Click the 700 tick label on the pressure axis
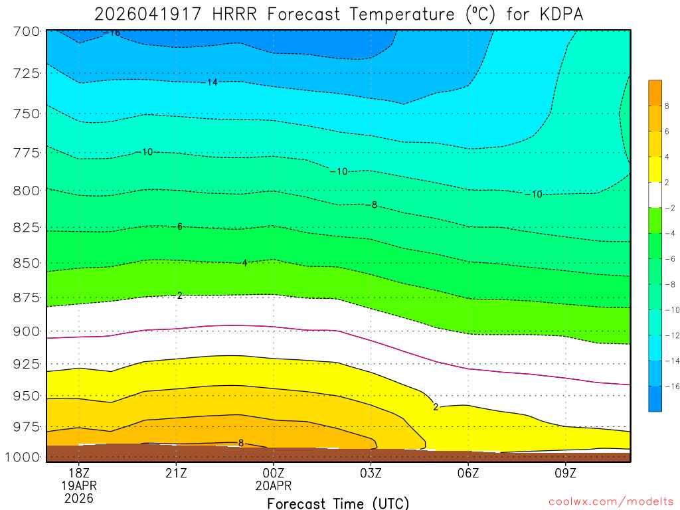click(27, 31)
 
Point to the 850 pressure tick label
click(27, 263)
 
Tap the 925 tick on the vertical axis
click(27, 364)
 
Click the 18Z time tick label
click(78, 473)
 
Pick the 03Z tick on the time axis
click(371, 473)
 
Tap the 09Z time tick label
click(565, 473)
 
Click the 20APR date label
click(273, 485)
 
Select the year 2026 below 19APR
click(78, 498)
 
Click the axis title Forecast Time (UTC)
click(338, 503)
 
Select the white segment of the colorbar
click(655, 195)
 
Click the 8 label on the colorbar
click(667, 106)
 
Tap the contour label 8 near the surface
click(240, 443)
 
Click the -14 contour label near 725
click(211, 82)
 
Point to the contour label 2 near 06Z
click(436, 406)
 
